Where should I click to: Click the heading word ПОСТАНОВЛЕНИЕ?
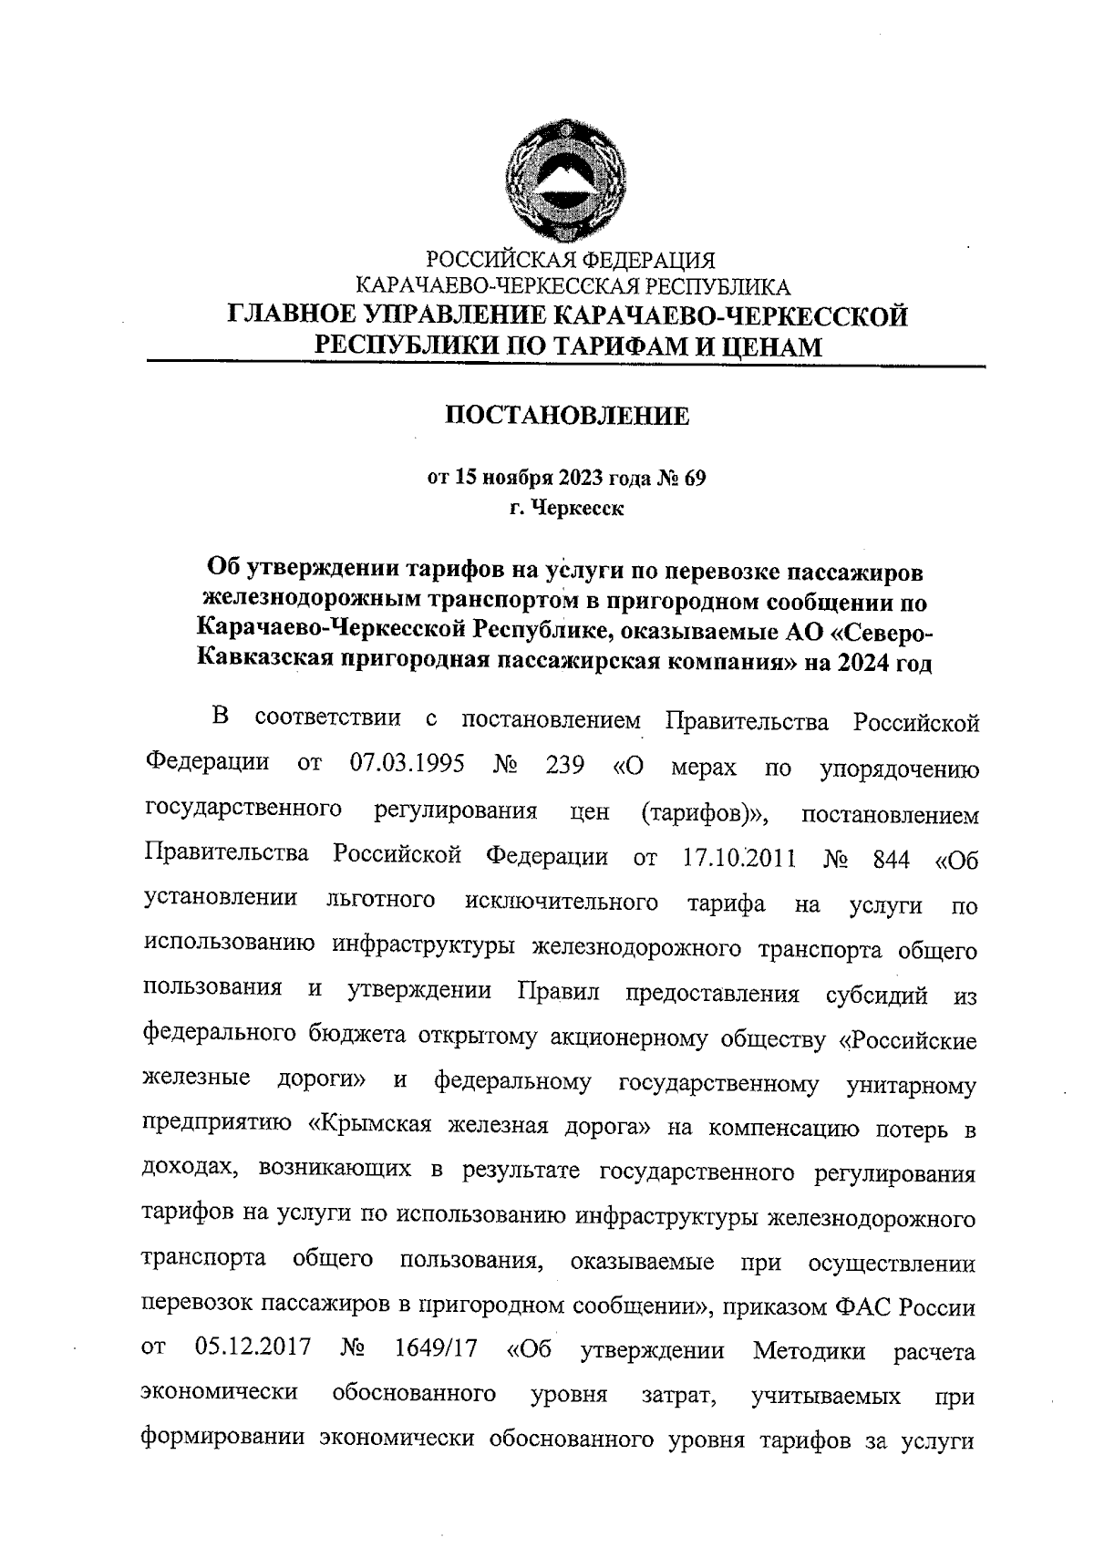(566, 417)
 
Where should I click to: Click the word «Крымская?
(368, 1128)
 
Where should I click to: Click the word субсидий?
(876, 994)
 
